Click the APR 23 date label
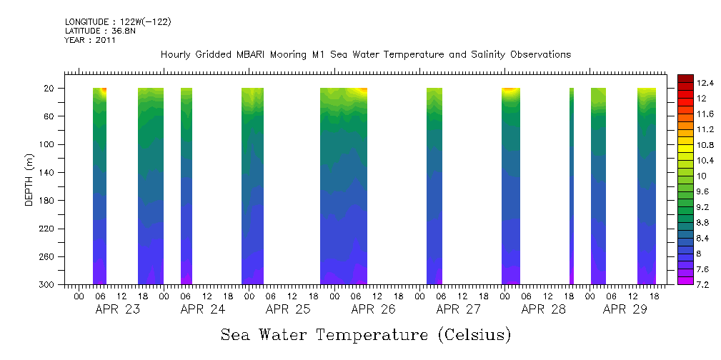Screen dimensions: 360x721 pyautogui.click(x=117, y=310)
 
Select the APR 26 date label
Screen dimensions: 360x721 pyautogui.click(x=373, y=310)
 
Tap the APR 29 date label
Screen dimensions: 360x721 pyautogui.click(x=625, y=310)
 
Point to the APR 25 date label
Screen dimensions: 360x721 pyautogui.click(x=288, y=310)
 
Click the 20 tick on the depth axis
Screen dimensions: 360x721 pyautogui.click(x=50, y=89)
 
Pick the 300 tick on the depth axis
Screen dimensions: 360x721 pyautogui.click(x=47, y=285)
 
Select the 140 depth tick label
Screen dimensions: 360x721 pyautogui.click(x=47, y=173)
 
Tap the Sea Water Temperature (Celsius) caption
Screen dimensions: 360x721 pyautogui.click(x=366, y=335)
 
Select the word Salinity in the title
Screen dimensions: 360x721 pyautogui.click(x=474, y=55)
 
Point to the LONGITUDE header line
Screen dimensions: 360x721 pyautogui.click(x=117, y=22)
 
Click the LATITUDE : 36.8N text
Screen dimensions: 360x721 pyautogui.click(x=100, y=31)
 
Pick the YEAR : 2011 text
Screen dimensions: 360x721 pyautogui.click(x=90, y=41)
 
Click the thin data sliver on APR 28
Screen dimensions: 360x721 pyautogui.click(x=572, y=186)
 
